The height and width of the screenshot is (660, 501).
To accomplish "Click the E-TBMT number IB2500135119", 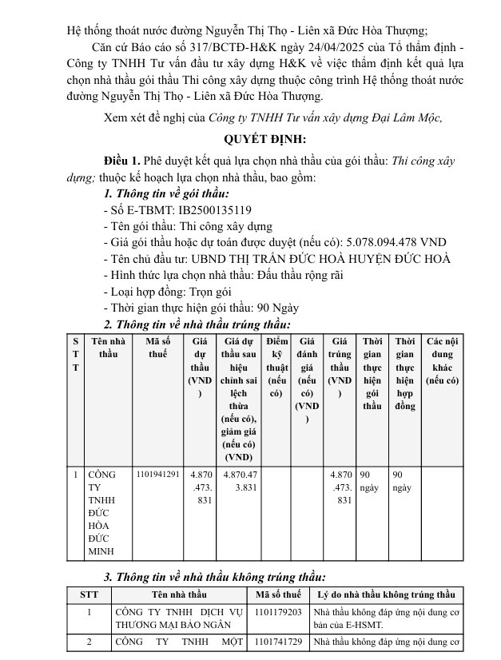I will [215, 211].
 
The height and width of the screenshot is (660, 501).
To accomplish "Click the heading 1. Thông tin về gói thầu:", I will [166, 194].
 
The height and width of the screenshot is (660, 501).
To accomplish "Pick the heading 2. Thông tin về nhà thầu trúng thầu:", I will [197, 324].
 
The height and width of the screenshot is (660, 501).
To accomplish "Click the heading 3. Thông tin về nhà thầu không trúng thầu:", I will [215, 576].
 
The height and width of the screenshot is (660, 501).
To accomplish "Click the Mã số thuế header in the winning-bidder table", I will [157, 348].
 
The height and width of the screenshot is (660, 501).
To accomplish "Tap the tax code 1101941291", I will [158, 474].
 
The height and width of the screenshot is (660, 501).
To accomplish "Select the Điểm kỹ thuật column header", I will [277, 367].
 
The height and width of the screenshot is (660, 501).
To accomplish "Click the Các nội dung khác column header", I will [442, 360].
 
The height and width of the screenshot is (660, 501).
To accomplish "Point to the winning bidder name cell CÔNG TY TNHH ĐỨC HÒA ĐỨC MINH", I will [102, 512].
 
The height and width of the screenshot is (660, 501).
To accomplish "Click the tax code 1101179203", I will [278, 611].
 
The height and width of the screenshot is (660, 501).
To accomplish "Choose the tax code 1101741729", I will [278, 642].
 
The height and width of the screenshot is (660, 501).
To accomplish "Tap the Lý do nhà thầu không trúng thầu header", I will [385, 594].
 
